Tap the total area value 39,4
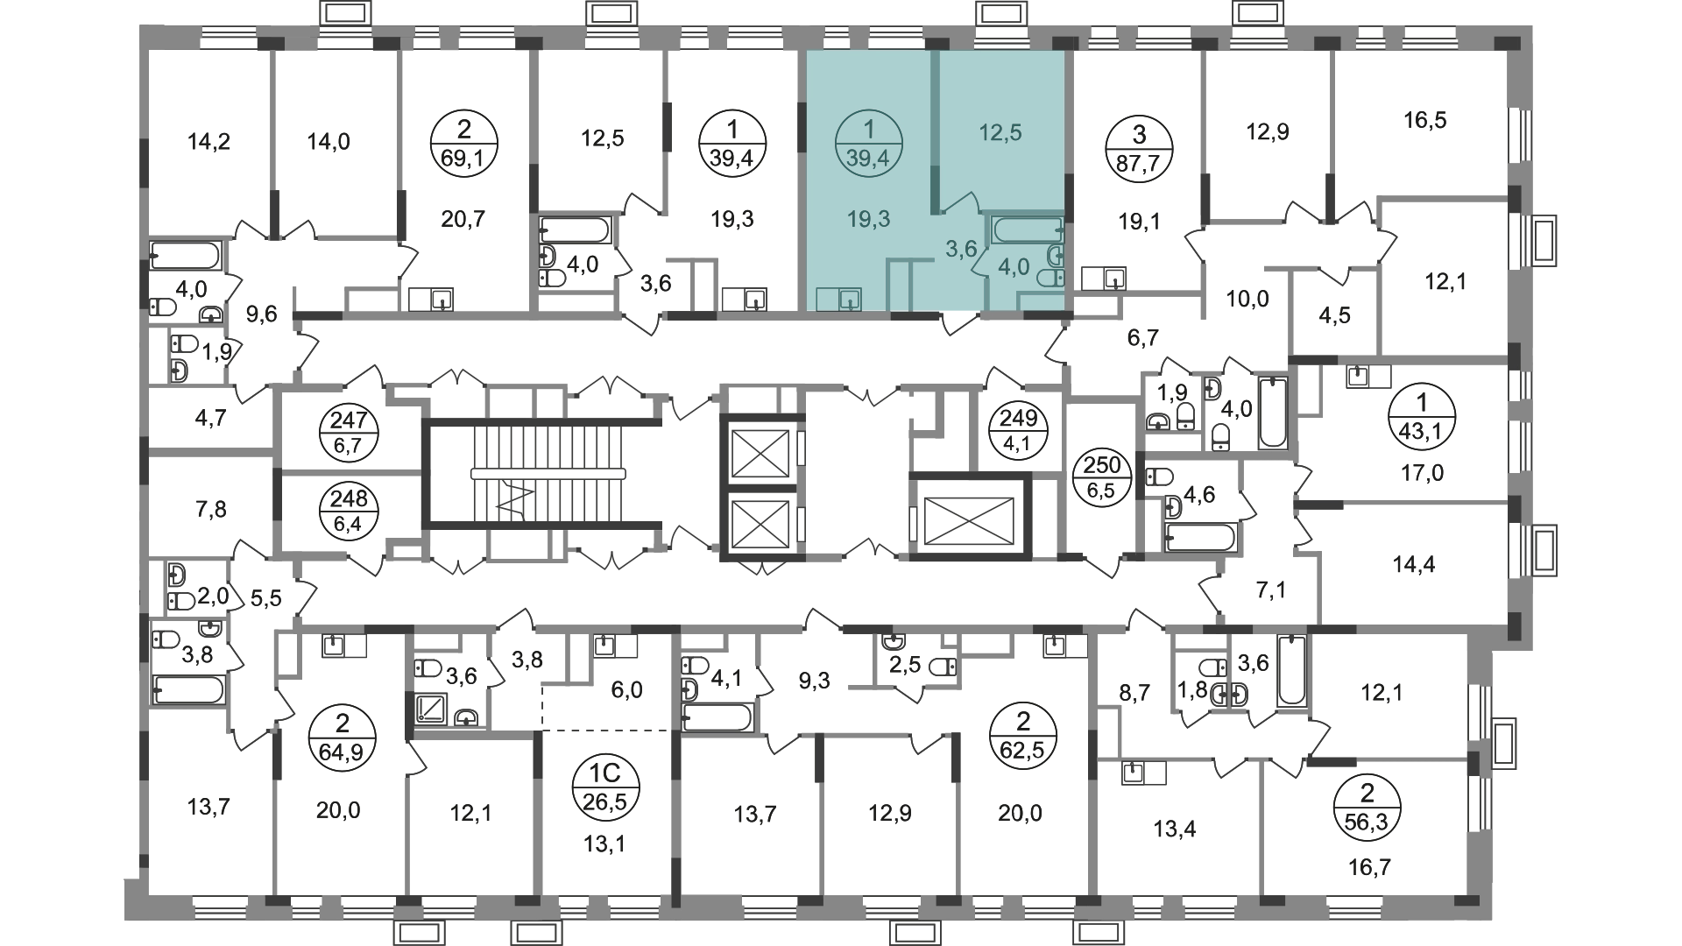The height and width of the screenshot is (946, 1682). [868, 159]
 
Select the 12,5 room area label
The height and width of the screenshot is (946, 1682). [1000, 133]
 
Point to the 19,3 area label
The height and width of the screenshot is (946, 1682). [868, 219]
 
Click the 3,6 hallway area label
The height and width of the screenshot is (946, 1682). [960, 250]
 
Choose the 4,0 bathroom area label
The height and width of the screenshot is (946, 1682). [1014, 267]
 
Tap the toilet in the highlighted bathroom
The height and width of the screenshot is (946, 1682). [1050, 279]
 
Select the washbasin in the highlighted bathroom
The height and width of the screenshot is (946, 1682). [1056, 257]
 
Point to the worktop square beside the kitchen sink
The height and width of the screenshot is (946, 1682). [827, 300]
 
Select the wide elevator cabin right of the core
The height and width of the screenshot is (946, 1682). [971, 520]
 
